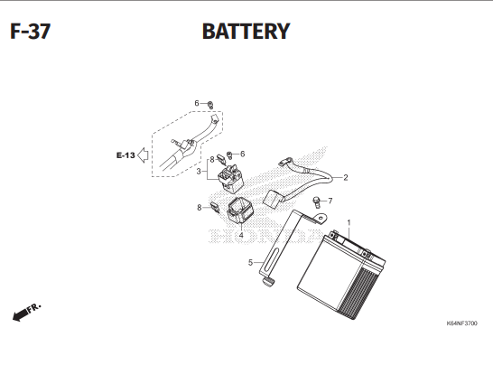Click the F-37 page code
[30, 31]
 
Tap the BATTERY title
[246, 31]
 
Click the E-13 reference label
[126, 155]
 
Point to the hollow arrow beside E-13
[143, 155]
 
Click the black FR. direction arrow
[20, 314]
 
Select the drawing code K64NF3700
[461, 323]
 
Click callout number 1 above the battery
[349, 222]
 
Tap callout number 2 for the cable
[346, 178]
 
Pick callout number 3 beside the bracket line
[199, 172]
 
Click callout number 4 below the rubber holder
[241, 235]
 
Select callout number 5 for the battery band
[250, 262]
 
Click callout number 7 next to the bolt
[330, 201]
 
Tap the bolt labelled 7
[316, 201]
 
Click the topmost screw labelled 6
[210, 105]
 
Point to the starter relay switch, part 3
[230, 178]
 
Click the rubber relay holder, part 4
[239, 210]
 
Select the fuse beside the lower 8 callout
[215, 208]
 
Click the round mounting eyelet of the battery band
[321, 218]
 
